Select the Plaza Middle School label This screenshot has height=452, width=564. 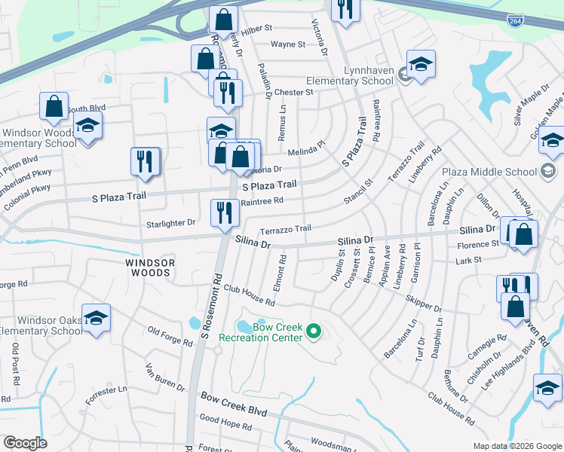tap(500, 172)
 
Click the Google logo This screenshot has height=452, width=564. tap(25, 443)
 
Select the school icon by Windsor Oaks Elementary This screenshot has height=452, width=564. tap(97, 317)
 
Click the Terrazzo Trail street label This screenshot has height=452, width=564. tap(285, 229)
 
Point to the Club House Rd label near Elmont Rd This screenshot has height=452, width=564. tap(249, 295)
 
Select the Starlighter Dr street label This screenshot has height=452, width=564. tap(171, 223)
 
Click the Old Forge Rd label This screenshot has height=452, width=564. tap(170, 337)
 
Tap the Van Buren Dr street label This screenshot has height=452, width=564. tap(165, 377)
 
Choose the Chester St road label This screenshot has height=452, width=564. tap(294, 92)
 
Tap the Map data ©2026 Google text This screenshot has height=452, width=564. tap(516, 446)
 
